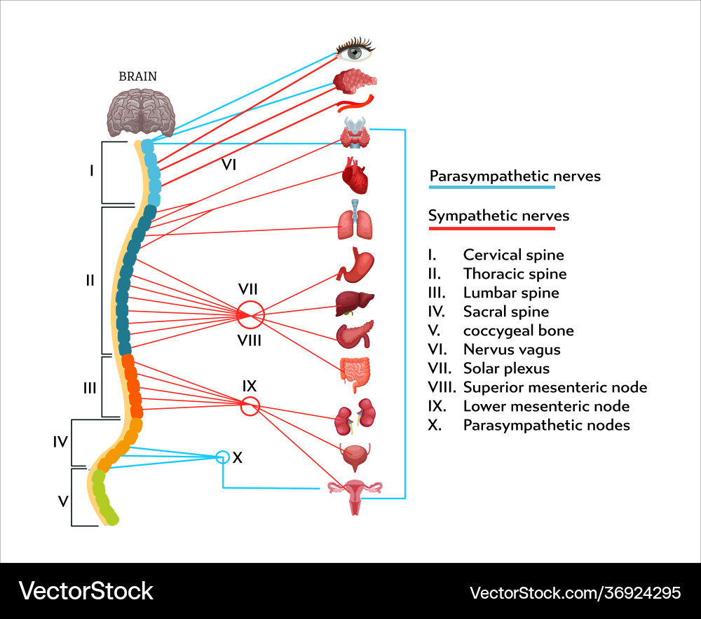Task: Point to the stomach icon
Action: [x=355, y=265]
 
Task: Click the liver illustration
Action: [x=354, y=303]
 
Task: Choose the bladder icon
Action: [x=355, y=457]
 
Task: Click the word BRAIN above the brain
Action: [x=138, y=76]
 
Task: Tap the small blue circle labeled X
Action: [x=222, y=457]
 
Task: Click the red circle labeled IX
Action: [x=250, y=405]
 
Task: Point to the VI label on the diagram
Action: [x=229, y=165]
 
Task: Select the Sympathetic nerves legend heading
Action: [x=498, y=216]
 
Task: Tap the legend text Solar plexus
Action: [x=506, y=368]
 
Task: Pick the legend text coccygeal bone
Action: [x=518, y=331]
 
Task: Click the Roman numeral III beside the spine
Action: [x=90, y=387]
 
